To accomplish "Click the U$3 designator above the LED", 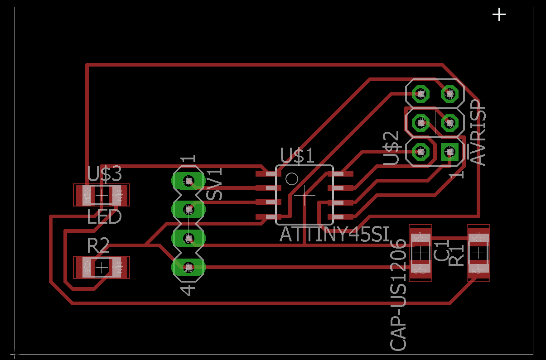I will [105, 174].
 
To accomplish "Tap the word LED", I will [104, 216].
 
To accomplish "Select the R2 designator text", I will [98, 246].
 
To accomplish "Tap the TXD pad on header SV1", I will [188, 209].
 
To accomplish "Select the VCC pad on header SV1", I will [188, 238].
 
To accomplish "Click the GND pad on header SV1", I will [188, 267].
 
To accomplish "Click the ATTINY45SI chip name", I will [334, 234].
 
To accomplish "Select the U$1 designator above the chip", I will [297, 156].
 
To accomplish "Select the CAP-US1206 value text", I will [398, 294].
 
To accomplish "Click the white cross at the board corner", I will [499, 14].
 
